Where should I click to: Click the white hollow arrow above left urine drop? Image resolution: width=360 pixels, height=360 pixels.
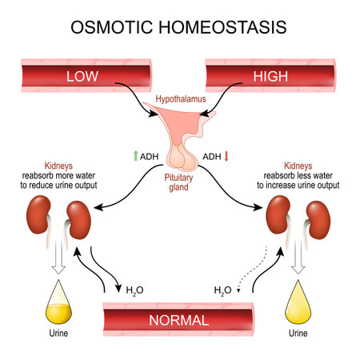pos(56,262)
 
